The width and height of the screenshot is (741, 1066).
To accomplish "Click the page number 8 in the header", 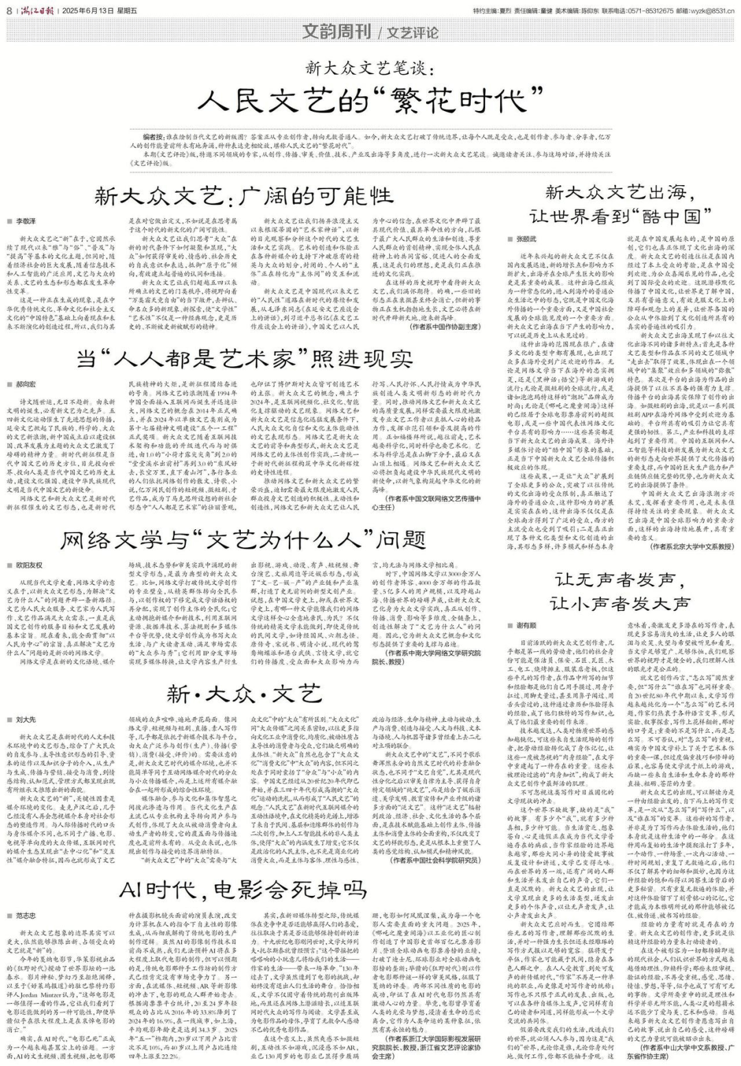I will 8,10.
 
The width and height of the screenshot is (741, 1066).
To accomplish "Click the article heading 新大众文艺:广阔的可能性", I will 246,197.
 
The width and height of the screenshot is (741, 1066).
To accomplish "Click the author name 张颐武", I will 525,238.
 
